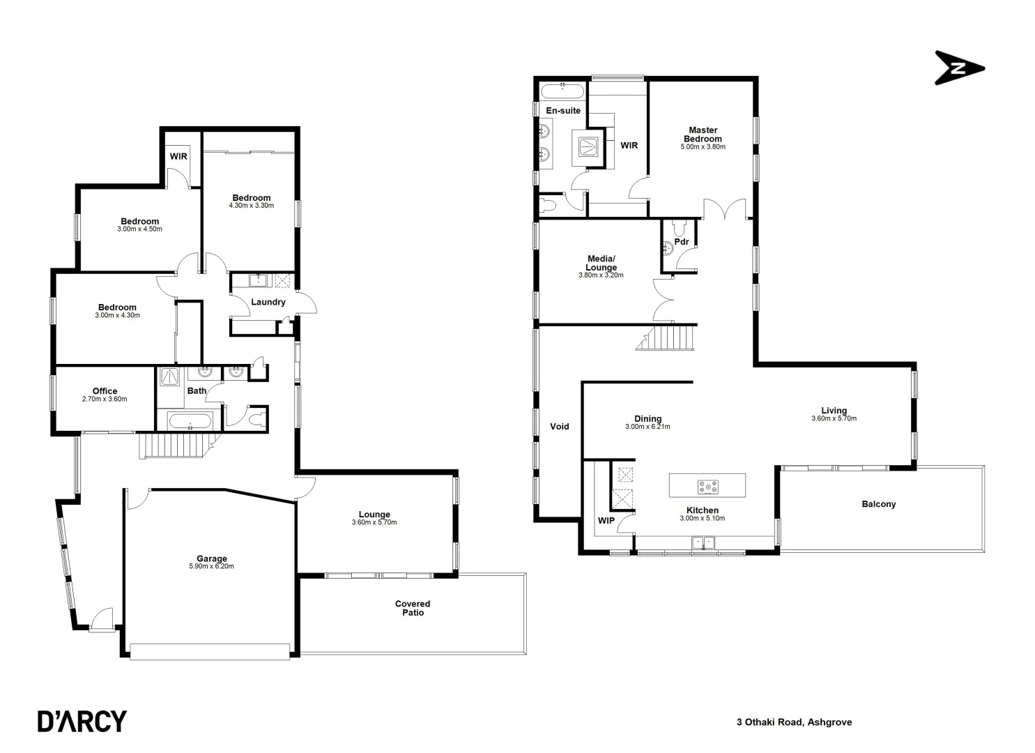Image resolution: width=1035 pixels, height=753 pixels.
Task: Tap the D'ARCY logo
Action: click(82, 721)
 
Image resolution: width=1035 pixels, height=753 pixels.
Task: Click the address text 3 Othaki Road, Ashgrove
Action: click(794, 722)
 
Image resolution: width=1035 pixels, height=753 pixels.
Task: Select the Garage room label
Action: click(211, 558)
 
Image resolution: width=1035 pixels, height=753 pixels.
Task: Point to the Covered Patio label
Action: click(413, 608)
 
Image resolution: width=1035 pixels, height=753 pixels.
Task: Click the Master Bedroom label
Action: click(703, 135)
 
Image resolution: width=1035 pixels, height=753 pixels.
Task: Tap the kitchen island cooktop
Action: click(707, 485)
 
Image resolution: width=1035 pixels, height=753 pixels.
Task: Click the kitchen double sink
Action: click(703, 542)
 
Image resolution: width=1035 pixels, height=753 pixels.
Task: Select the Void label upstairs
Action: click(559, 427)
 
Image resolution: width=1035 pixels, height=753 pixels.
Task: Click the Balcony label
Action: click(878, 504)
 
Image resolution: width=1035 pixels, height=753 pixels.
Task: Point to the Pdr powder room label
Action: click(681, 242)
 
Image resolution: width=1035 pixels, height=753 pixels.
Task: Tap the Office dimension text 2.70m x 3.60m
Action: click(105, 400)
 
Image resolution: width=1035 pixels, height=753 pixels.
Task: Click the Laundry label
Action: click(268, 302)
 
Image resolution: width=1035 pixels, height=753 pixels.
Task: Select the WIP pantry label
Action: click(606, 520)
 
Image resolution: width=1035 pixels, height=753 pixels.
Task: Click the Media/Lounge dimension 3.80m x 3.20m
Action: click(601, 275)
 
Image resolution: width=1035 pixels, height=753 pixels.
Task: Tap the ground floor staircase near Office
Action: click(174, 445)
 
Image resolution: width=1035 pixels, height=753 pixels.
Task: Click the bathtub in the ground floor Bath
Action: click(190, 421)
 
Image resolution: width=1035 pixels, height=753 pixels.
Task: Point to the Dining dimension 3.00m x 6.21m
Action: click(647, 427)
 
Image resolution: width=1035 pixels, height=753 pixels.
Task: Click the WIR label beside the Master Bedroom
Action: click(629, 146)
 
